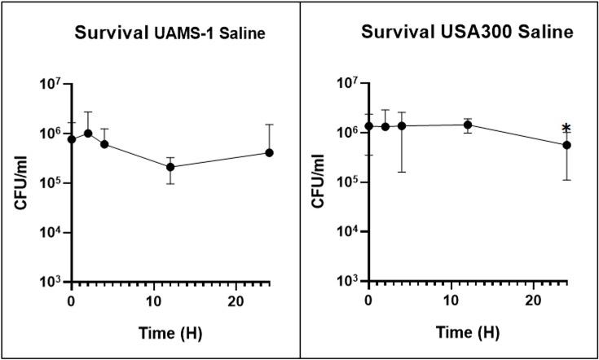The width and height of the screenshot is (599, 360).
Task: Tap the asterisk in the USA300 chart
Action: tap(566, 128)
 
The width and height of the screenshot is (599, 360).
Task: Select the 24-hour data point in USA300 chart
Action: tap(566, 145)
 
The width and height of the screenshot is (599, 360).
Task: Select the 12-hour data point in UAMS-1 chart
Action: tap(170, 167)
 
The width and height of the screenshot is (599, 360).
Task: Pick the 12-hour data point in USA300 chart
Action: tap(468, 125)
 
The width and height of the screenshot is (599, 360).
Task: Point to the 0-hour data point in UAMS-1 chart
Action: tap(72, 139)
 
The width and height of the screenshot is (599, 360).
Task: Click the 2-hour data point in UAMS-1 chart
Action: tap(88, 133)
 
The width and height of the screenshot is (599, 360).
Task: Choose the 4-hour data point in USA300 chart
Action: tap(402, 126)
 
